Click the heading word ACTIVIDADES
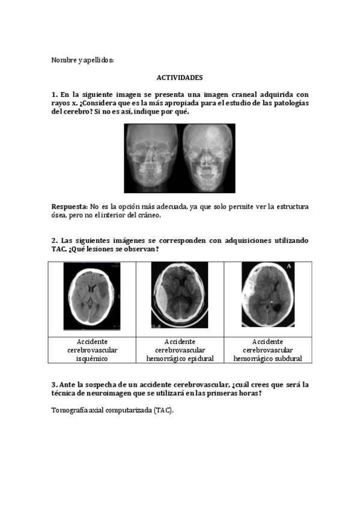point(180,78)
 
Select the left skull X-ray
point(152,158)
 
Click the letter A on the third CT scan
point(290,266)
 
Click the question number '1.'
point(54,95)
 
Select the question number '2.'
point(54,241)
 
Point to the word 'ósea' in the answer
point(59,215)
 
